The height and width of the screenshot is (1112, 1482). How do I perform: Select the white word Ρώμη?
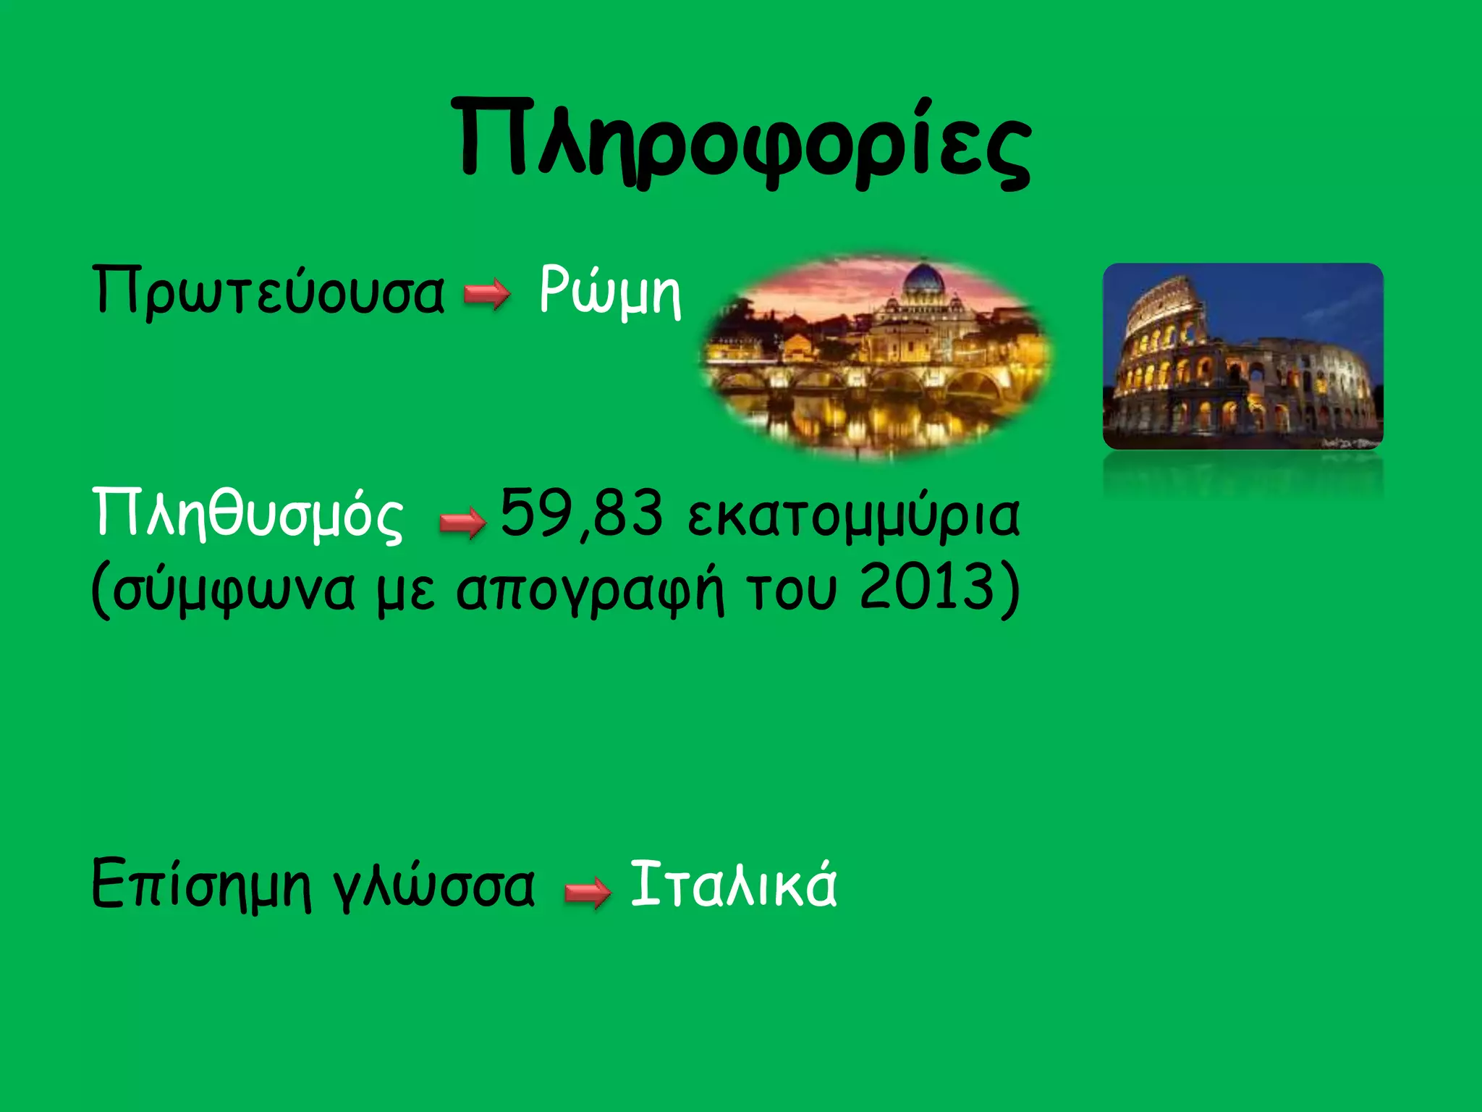(x=609, y=291)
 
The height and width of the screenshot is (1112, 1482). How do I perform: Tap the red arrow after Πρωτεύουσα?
(x=487, y=295)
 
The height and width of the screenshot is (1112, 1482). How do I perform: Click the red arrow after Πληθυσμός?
(x=462, y=522)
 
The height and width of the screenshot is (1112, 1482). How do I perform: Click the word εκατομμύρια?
(x=854, y=515)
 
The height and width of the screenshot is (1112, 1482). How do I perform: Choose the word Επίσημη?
(x=201, y=885)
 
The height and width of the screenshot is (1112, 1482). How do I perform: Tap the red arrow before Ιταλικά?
(x=588, y=891)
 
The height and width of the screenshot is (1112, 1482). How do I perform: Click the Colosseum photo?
(x=1242, y=356)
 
